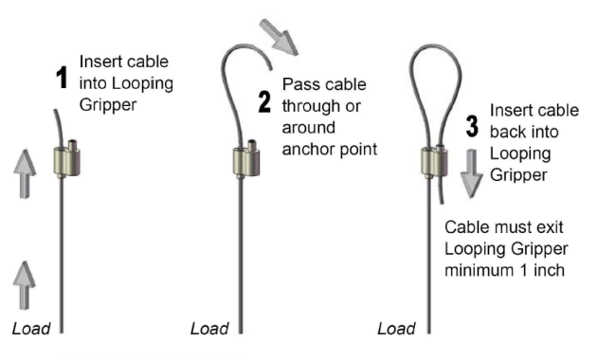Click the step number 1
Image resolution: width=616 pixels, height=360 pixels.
[x=63, y=79]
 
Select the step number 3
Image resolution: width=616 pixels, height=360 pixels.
[x=471, y=129]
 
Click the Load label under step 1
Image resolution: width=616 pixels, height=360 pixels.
[x=30, y=329]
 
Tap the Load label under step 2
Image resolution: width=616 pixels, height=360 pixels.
[x=209, y=329]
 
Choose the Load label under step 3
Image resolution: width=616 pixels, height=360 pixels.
[x=395, y=329]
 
